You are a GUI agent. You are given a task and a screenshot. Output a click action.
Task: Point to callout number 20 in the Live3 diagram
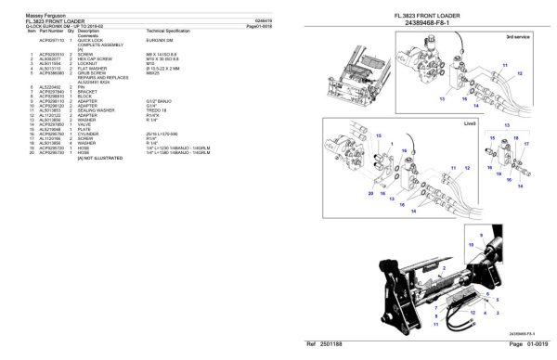pyautogui.click(x=369, y=193)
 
